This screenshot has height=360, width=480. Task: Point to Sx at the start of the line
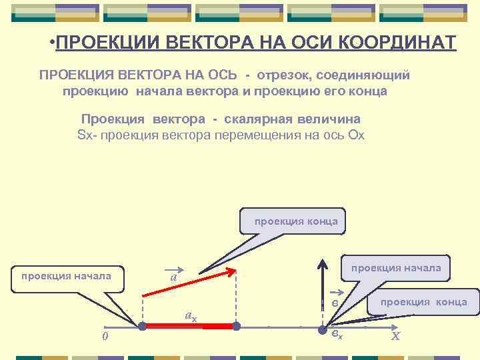[85, 135]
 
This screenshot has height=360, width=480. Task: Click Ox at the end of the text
[356, 135]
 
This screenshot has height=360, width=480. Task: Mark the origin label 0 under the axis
[105, 336]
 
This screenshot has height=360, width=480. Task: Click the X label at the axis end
[395, 336]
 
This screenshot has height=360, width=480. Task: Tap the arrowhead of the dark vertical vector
[323, 262]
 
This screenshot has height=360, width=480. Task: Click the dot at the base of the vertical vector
[323, 327]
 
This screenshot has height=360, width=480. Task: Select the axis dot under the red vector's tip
[236, 327]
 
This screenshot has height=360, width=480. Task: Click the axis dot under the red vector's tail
[141, 327]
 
